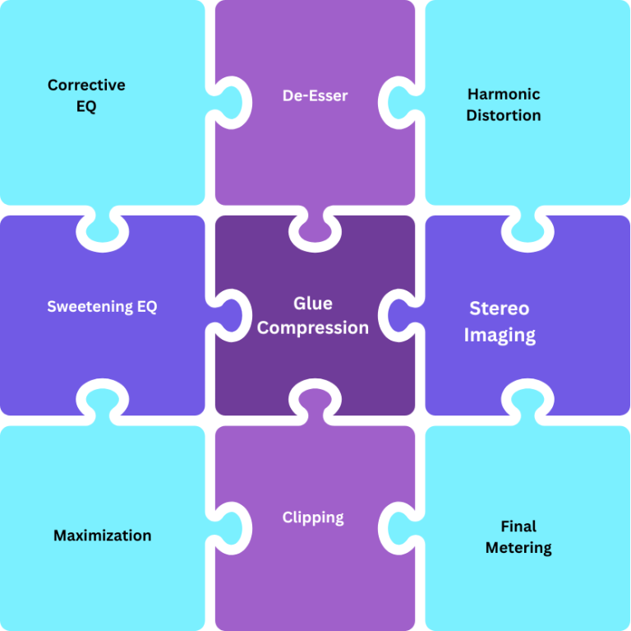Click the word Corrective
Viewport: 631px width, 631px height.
(x=86, y=85)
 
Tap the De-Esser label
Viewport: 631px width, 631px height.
(x=315, y=95)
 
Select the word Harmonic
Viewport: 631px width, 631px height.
(x=503, y=94)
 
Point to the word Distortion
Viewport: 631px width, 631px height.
(x=503, y=116)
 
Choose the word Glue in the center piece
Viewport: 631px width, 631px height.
(x=313, y=304)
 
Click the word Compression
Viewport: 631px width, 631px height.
(x=313, y=327)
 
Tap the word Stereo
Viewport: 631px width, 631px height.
(x=499, y=309)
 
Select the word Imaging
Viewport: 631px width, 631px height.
(x=499, y=335)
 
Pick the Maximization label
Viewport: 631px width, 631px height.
(x=102, y=536)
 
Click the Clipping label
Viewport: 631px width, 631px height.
(x=313, y=517)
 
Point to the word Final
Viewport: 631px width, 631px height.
(x=518, y=526)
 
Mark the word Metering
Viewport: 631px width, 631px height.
(x=518, y=548)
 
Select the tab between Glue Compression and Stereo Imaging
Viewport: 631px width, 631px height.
(x=403, y=316)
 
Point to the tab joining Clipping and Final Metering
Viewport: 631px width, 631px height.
(x=403, y=526)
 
